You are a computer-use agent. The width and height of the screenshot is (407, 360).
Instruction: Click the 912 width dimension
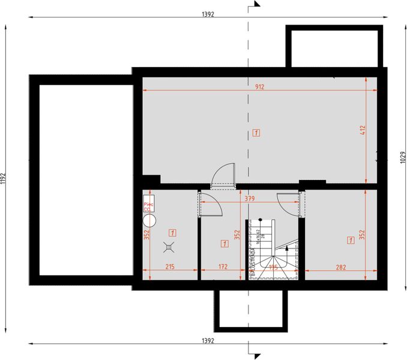pos(260,86)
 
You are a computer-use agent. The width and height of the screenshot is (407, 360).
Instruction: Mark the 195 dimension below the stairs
pos(273,268)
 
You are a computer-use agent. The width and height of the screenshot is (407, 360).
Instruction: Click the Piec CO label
pos(148,206)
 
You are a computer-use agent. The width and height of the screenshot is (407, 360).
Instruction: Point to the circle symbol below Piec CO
pos(149,220)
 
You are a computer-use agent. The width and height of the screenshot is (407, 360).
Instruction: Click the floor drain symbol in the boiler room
pos(170,245)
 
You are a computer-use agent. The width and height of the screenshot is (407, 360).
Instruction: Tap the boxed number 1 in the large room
pos(256,132)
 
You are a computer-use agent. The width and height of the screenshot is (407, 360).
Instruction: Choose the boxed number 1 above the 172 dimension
pos(223,244)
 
